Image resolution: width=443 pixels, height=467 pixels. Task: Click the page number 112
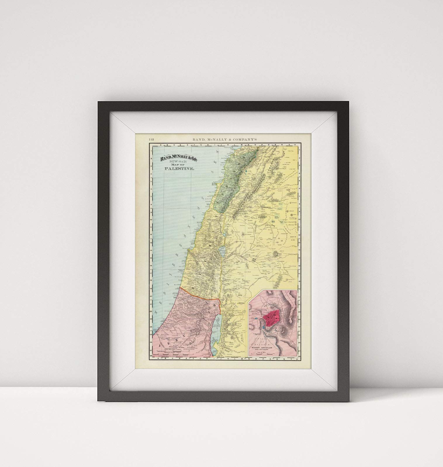pos(151,139)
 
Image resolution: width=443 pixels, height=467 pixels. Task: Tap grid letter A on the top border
pos(158,145)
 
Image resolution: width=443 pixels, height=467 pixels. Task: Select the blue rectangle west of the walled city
pos(256,318)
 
